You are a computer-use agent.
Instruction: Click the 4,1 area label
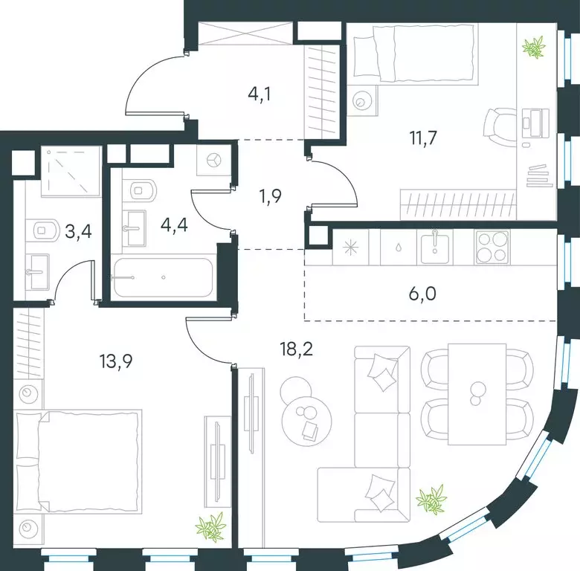click(x=260, y=94)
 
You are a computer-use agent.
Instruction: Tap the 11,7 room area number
click(x=423, y=138)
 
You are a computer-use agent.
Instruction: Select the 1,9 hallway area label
click(x=271, y=196)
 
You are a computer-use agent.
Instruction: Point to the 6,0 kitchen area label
click(x=423, y=294)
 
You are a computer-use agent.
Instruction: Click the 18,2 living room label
click(x=297, y=349)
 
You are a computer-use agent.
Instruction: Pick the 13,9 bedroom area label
click(x=116, y=361)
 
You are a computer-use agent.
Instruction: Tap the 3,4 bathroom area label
click(x=78, y=232)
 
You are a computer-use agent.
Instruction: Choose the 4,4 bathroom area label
click(x=174, y=225)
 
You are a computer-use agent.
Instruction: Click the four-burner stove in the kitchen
click(x=492, y=247)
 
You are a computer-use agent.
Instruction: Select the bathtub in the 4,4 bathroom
click(x=163, y=277)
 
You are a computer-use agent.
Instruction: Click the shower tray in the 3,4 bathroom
click(x=71, y=171)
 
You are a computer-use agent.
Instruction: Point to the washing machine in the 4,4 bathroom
click(x=214, y=160)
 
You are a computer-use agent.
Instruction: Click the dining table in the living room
click(x=477, y=394)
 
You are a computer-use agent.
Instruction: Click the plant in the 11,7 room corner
click(x=534, y=48)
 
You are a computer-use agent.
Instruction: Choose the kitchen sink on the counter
click(x=435, y=246)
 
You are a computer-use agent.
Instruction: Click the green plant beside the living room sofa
click(x=431, y=500)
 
